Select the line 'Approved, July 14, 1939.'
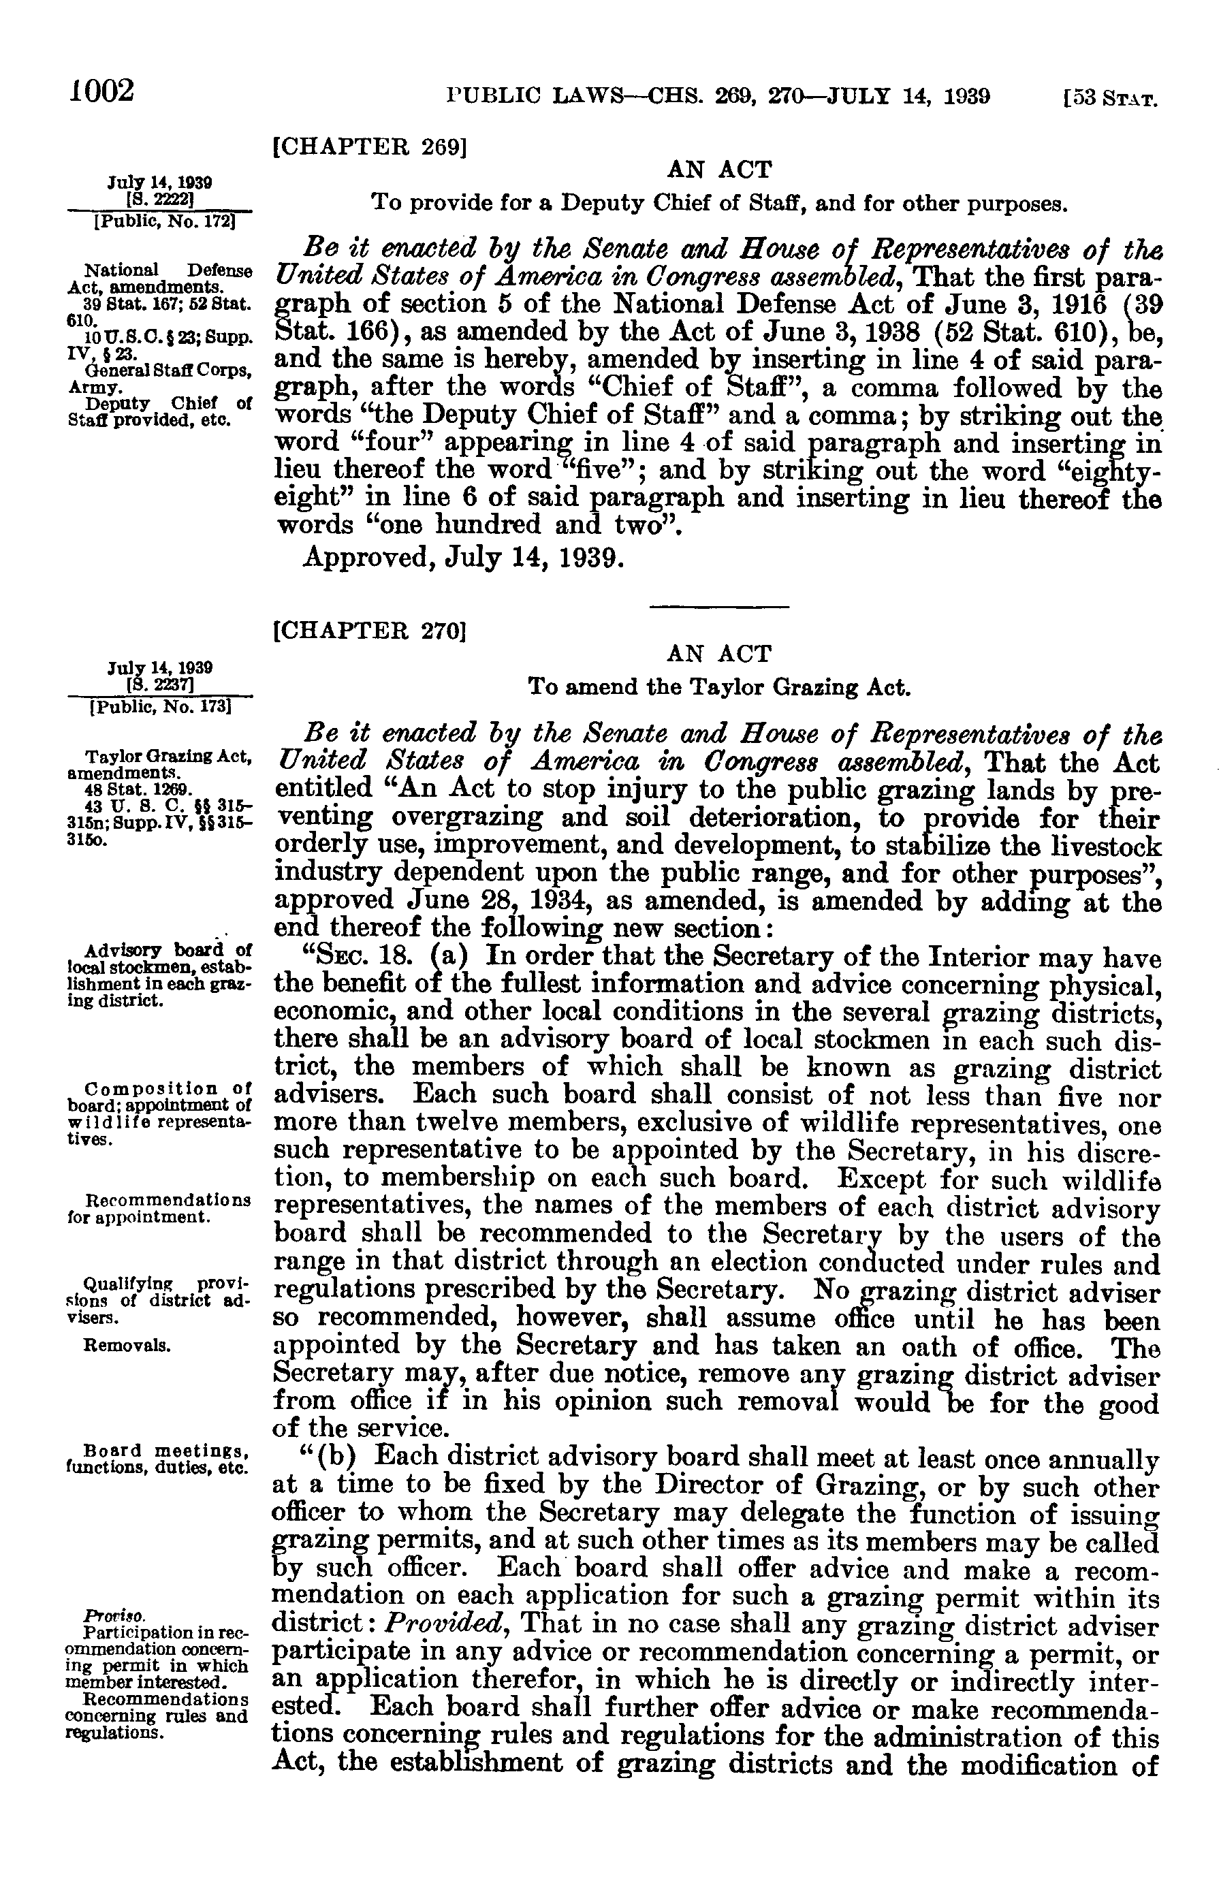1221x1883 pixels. click(x=464, y=558)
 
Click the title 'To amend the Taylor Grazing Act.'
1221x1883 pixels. click(x=719, y=686)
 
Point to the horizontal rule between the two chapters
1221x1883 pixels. click(x=719, y=607)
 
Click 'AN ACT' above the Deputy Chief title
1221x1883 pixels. click(x=719, y=170)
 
